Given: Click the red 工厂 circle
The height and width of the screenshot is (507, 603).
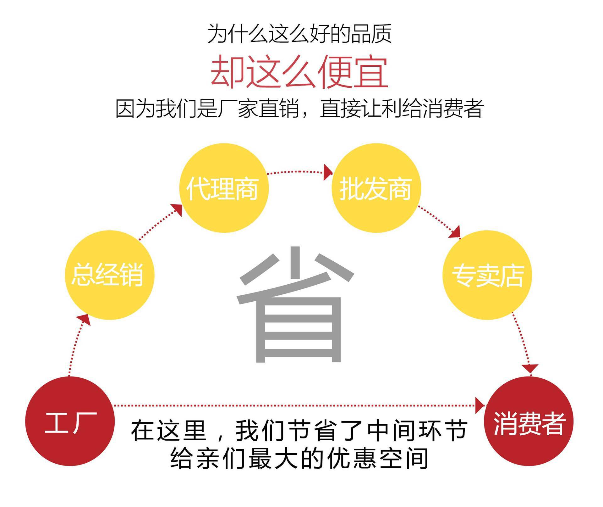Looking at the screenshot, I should coord(70,421).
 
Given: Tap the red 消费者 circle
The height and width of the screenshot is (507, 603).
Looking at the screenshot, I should coord(529,421).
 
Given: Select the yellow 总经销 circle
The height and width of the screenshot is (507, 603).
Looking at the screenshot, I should coord(109,275).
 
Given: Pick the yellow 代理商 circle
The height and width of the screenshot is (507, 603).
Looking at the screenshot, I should coord(224,188).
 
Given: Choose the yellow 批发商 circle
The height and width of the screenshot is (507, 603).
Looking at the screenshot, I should coord(376,188).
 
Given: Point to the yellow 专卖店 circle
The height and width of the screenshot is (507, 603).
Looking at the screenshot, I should coord(487,275).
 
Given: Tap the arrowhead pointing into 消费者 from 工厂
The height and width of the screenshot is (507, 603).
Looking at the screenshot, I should coord(480,405).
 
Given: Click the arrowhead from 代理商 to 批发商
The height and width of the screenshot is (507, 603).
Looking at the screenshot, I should coord(328,172).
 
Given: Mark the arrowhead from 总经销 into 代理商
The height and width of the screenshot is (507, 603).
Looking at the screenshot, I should coord(177,209).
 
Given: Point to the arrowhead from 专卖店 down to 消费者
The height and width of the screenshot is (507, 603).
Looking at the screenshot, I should coord(530,368).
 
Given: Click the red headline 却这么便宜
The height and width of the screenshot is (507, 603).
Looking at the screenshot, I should coord(299,72).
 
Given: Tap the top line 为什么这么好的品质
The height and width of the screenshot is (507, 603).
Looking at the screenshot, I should coord(299,33).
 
